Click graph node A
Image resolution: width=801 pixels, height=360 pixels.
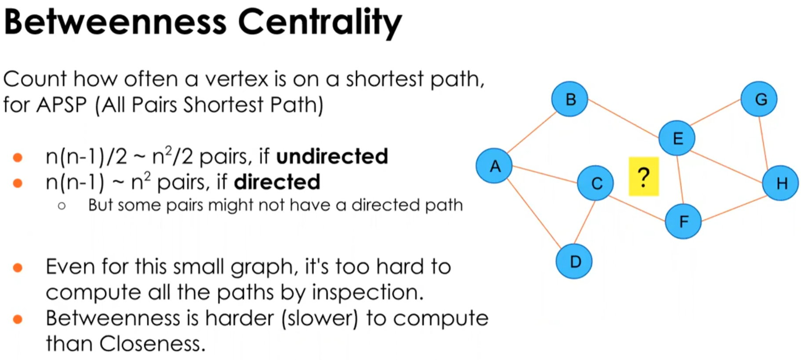coord(494,166)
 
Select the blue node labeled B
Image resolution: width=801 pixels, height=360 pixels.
coord(570,99)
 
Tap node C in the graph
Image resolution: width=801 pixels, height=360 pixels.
coord(595,183)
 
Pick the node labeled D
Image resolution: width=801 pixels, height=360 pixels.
coord(574,262)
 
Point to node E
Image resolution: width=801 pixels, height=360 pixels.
coord(677,138)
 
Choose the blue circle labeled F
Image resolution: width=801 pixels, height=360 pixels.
coord(683,222)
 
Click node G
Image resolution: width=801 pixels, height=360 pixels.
coord(759,99)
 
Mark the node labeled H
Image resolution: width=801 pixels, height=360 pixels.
coord(780,183)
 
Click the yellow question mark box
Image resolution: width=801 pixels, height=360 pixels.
coord(644,176)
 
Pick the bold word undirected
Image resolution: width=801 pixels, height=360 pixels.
coord(332,156)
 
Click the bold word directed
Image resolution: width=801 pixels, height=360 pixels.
coord(277,182)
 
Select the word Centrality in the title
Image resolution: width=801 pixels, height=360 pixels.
coord(320,22)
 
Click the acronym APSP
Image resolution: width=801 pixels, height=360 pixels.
coord(62,105)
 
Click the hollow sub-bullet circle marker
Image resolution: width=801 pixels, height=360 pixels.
coord(62,206)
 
